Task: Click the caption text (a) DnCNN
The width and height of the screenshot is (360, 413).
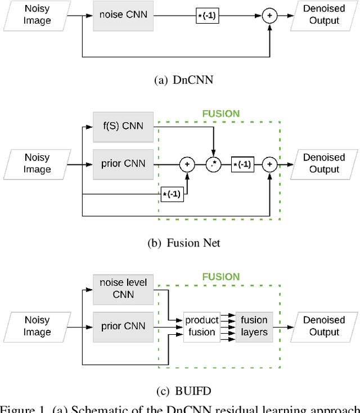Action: click(x=183, y=80)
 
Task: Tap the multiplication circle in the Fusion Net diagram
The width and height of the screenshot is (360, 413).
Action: click(x=213, y=164)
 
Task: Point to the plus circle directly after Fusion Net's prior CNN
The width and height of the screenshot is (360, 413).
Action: click(x=187, y=164)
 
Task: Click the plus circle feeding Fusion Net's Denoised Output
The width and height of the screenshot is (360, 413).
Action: click(x=270, y=164)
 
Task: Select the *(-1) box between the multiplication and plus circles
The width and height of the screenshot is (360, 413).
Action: click(x=242, y=164)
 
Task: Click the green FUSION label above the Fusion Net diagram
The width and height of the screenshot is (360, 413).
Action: click(x=221, y=114)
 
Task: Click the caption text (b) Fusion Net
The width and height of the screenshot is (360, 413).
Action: click(x=183, y=243)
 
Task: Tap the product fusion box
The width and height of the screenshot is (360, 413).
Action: click(x=202, y=326)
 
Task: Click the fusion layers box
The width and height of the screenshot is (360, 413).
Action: click(x=254, y=326)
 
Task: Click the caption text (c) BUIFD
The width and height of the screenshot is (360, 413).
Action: click(x=183, y=391)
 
